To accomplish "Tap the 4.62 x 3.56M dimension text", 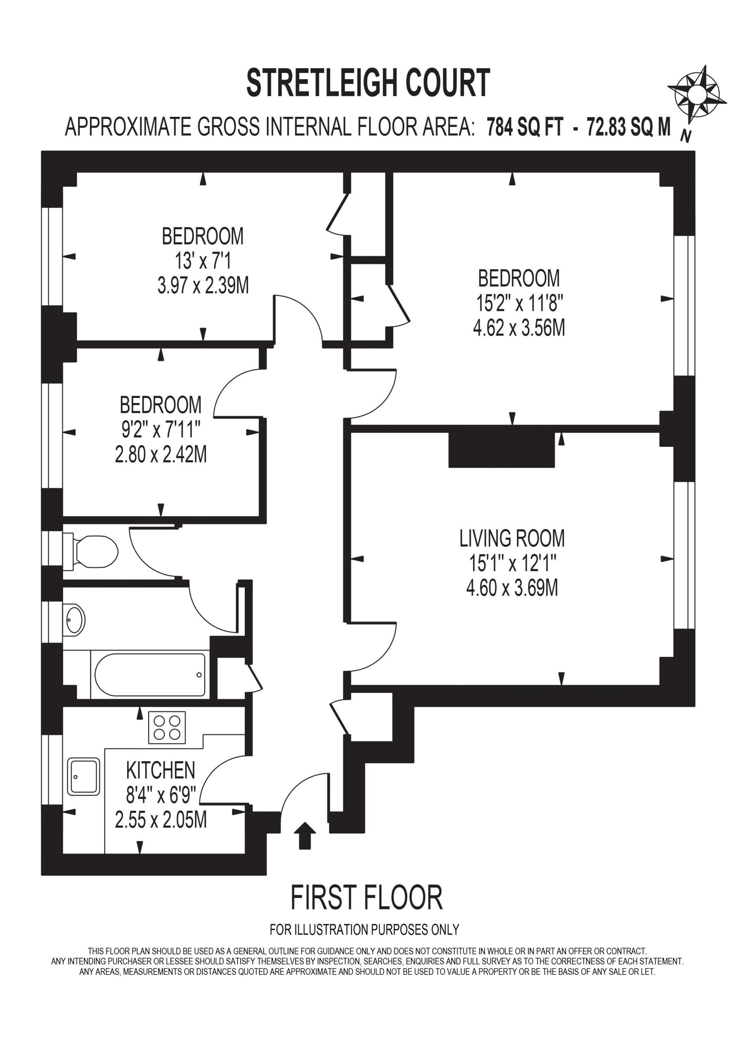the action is [x=519, y=327].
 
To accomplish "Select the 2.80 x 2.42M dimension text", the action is [x=161, y=454].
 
